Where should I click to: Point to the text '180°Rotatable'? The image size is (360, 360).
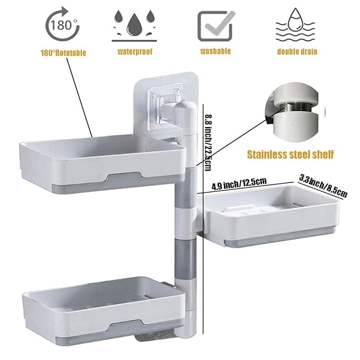tap(63, 52)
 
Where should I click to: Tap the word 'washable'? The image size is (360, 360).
tap(215, 51)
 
